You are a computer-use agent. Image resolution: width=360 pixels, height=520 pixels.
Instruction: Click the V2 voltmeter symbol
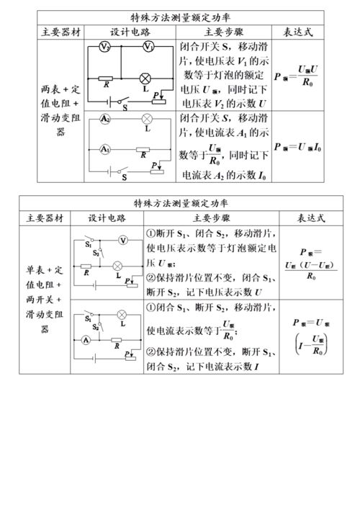[105, 48]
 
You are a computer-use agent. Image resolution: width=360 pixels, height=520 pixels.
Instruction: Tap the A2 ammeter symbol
[105, 117]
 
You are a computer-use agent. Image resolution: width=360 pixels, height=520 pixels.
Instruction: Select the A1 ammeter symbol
[105, 149]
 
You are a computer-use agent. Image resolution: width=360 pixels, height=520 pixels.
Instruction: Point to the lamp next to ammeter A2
[147, 117]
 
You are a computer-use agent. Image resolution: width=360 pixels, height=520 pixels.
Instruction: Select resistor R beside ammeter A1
[144, 149]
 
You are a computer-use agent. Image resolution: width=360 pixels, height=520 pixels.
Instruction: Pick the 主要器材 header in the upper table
[50, 32]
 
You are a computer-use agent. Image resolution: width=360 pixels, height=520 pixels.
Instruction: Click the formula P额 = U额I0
[297, 147]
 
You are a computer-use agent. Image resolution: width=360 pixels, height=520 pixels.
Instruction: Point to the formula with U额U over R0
[297, 75]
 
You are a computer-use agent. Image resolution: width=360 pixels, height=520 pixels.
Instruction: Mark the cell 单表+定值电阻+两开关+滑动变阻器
[45, 299]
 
